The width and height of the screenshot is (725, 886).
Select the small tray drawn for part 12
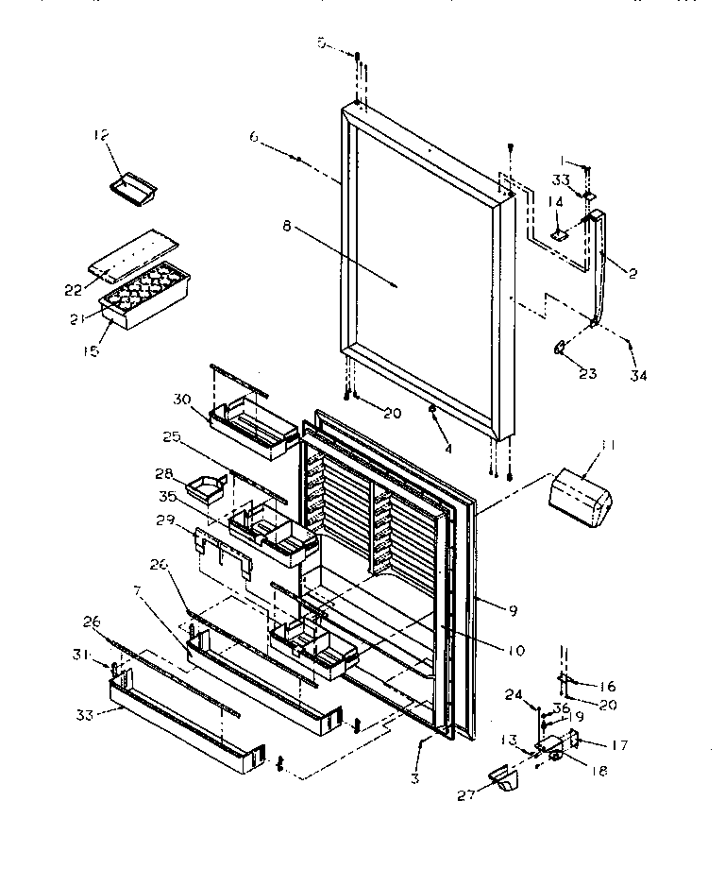tap(131, 188)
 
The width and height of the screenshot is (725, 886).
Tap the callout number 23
tap(587, 373)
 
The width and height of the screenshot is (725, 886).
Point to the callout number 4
tap(447, 448)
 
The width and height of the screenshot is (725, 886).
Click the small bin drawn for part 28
tap(206, 486)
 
